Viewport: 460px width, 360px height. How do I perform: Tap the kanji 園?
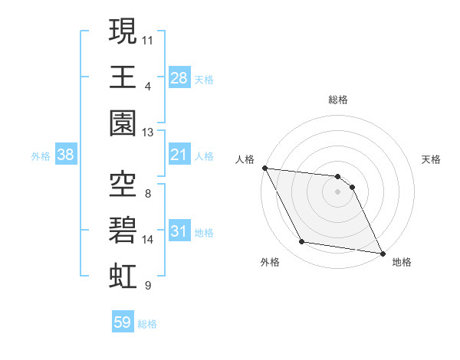tap(123, 123)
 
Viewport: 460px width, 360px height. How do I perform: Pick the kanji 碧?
tap(123, 230)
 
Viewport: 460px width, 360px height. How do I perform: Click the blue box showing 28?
tap(179, 77)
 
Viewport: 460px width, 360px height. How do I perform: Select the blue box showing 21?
tap(179, 155)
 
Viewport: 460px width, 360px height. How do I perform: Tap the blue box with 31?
tap(179, 231)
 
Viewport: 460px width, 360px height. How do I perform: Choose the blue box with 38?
tap(66, 155)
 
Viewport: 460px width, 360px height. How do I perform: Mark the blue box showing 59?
tap(122, 322)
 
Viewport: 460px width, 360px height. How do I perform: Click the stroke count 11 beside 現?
tap(148, 38)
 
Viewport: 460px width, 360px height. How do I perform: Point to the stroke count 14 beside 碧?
tap(148, 240)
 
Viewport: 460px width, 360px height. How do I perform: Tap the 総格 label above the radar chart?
tap(338, 100)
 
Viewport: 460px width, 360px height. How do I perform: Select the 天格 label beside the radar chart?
tap(432, 159)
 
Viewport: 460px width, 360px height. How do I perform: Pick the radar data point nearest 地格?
tap(383, 254)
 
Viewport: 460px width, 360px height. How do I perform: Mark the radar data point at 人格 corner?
tap(264, 168)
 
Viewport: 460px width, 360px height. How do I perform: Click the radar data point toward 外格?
tap(302, 242)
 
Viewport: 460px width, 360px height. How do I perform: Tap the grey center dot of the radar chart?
tap(338, 191)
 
